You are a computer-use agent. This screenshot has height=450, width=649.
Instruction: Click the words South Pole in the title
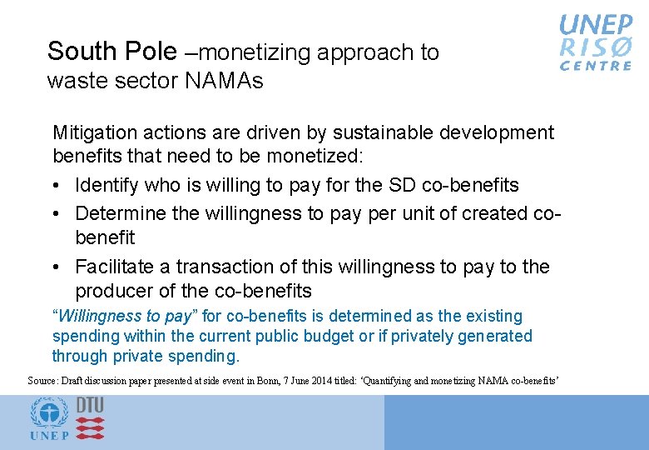coord(112,52)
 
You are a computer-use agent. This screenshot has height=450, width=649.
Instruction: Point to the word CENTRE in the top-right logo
coord(596,66)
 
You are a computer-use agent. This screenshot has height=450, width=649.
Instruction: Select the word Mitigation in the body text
coord(92,132)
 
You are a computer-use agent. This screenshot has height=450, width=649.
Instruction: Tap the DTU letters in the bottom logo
coord(90,405)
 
